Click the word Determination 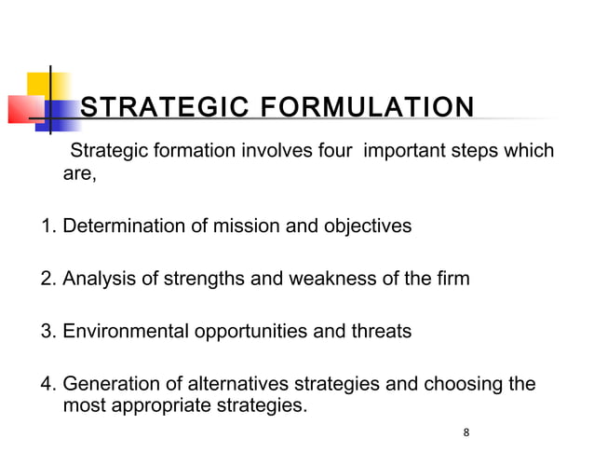[119, 226]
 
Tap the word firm [452, 278]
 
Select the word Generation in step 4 [107, 383]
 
